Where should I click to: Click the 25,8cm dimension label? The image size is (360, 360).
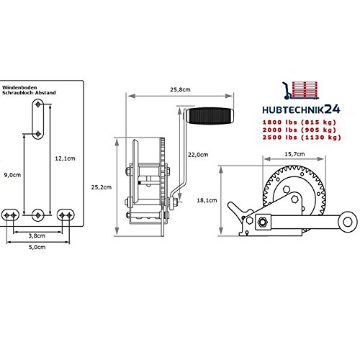(x=180, y=90)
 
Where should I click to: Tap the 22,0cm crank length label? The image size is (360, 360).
(x=198, y=155)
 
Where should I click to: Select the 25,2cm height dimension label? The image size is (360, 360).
(x=102, y=187)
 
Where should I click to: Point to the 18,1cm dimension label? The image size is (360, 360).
(x=207, y=200)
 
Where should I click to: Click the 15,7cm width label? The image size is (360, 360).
(x=294, y=154)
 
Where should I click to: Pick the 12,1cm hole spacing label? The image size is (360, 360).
(x=65, y=158)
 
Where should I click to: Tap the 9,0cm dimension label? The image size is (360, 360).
(x=12, y=175)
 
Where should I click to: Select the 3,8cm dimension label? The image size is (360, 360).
(x=37, y=235)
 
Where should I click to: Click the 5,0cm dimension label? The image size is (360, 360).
(x=37, y=247)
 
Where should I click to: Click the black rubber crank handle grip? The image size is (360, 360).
(x=210, y=116)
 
